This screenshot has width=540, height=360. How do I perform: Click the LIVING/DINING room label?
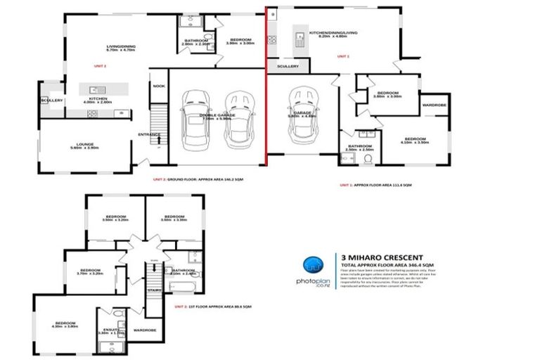tap(121, 46)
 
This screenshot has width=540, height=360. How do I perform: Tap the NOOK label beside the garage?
tap(159, 86)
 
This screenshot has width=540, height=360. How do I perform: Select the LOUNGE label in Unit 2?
tap(84, 144)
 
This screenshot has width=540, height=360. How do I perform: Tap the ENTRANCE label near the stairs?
tap(149, 134)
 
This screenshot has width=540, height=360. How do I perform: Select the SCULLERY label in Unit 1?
tap(287, 67)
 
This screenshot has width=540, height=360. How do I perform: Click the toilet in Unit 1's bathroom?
tap(366, 160)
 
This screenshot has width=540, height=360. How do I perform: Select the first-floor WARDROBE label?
tap(144, 328)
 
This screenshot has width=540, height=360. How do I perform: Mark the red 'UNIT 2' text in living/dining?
tap(100, 65)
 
